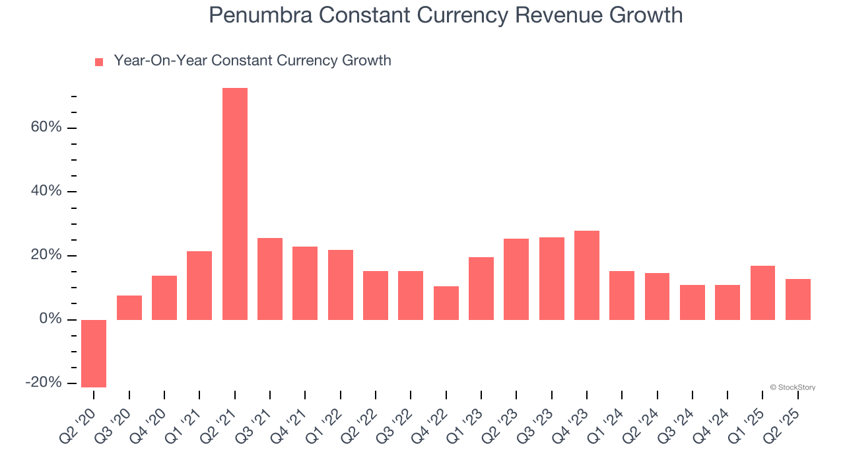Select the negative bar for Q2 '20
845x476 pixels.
pyautogui.click(x=94, y=353)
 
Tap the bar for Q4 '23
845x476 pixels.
pyautogui.click(x=586, y=275)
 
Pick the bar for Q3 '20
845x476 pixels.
pyautogui.click(x=129, y=307)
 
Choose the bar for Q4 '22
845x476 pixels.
pyautogui.click(x=446, y=303)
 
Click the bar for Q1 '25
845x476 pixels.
pyautogui.click(x=762, y=292)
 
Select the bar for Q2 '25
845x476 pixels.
pyautogui.click(x=797, y=299)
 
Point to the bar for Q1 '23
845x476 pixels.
pyautogui.click(x=481, y=288)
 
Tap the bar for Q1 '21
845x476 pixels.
pyautogui.click(x=199, y=285)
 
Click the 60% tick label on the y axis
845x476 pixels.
pyautogui.click(x=46, y=127)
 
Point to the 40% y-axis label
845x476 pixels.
pyautogui.click(x=46, y=191)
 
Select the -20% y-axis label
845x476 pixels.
pyautogui.click(x=44, y=383)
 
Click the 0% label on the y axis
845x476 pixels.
pyautogui.click(x=50, y=319)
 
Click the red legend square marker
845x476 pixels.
pyautogui.click(x=99, y=61)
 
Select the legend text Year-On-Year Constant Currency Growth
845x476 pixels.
pyautogui.click(x=252, y=61)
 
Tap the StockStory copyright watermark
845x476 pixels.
pyautogui.click(x=792, y=387)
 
